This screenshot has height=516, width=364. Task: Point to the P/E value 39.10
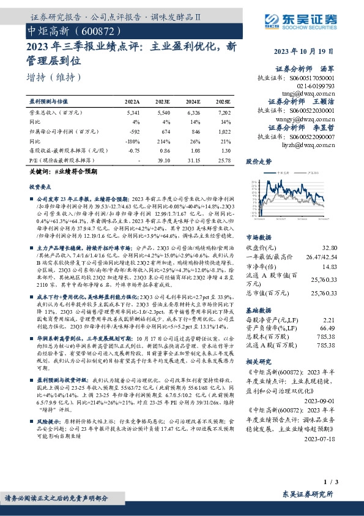pos(163,160)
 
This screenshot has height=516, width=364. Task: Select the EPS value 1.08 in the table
pos(195,151)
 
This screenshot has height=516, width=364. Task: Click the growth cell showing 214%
pos(163,140)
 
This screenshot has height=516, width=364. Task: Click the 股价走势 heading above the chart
pos(258,162)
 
